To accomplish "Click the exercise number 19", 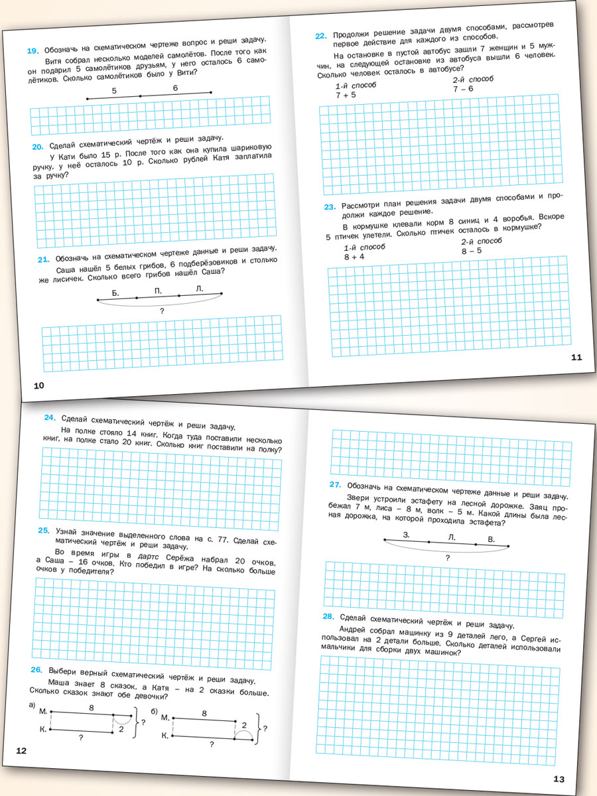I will tap(33, 50).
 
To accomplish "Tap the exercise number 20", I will tap(37, 147).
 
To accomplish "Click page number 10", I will tap(38, 386).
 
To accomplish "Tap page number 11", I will tap(576, 358).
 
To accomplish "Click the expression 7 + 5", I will tap(345, 95).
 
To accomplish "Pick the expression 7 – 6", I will tap(463, 88).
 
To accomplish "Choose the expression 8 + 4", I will tap(353, 256).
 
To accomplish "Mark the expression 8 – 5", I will tap(472, 251).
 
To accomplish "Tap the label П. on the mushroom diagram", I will tap(158, 291).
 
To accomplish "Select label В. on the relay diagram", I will tap(491, 539).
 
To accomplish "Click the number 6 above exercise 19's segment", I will tap(175, 88).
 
